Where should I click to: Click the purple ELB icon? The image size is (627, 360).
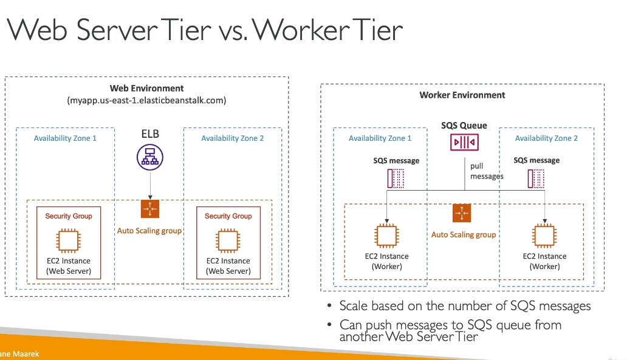(x=150, y=157)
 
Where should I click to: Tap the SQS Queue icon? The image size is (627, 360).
(x=464, y=142)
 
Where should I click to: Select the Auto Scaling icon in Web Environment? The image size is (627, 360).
(x=150, y=209)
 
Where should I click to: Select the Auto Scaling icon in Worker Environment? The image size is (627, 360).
(x=462, y=213)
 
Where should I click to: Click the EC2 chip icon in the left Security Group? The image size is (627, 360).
(x=69, y=240)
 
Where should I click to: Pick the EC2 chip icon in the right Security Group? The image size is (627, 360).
(x=228, y=240)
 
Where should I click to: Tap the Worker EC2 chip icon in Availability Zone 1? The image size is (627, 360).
(x=386, y=236)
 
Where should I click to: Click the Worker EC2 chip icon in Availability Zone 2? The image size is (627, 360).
(x=544, y=236)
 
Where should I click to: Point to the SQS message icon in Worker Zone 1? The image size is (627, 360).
(x=396, y=178)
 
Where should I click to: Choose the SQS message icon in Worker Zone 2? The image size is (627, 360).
(x=536, y=178)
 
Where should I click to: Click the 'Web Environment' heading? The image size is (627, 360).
(x=147, y=88)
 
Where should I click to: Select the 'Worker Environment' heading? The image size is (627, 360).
(x=462, y=95)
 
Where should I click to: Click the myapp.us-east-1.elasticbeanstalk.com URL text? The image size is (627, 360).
(x=147, y=100)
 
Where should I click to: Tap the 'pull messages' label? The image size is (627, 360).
(x=487, y=171)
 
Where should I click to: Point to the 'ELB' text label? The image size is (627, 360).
(x=150, y=134)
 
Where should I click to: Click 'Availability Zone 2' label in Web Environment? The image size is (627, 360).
(x=232, y=138)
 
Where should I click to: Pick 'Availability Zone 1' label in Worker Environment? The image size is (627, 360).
(x=380, y=138)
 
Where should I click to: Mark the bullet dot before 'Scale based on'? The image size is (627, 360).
(x=329, y=305)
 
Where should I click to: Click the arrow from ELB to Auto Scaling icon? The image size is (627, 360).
(x=150, y=185)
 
